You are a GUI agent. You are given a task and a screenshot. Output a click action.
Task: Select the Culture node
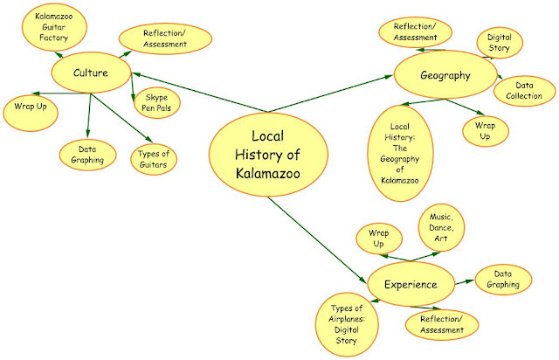coord(92,73)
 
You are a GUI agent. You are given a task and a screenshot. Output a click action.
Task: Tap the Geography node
coord(445,75)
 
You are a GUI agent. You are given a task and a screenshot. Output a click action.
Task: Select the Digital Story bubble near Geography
coord(499,43)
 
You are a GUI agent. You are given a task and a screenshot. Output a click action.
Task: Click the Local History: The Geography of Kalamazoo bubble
coord(400,147)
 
